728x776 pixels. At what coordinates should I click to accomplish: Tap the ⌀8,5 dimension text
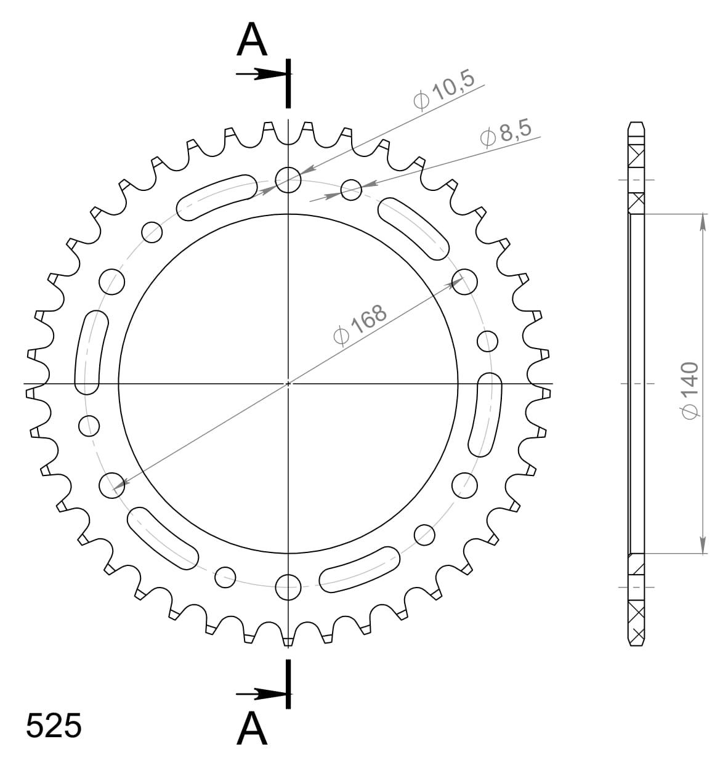point(506,133)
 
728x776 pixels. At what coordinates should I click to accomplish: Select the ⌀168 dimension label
point(360,325)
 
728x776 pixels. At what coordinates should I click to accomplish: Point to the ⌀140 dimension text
point(690,390)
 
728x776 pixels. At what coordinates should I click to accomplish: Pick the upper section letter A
point(252,39)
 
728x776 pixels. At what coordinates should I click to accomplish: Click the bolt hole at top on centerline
point(288,180)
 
